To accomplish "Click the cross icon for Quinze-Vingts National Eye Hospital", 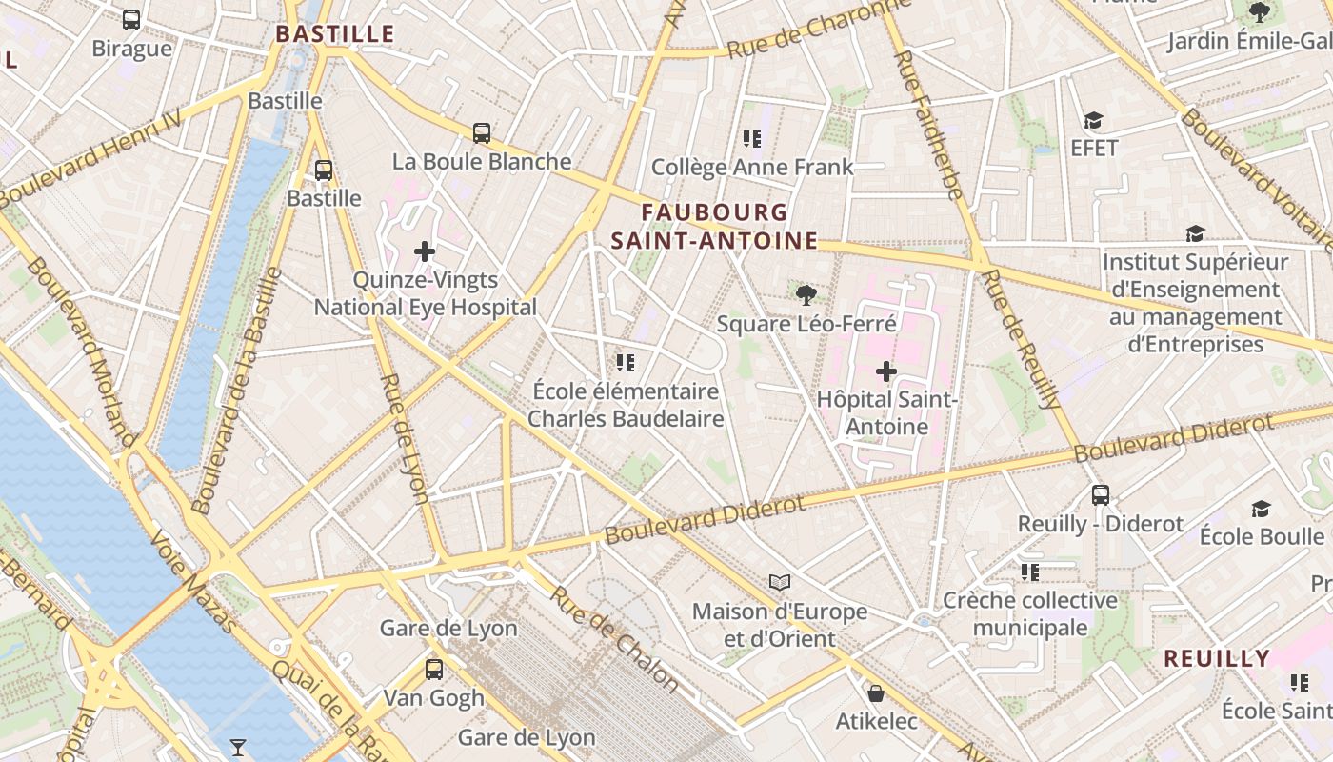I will [x=425, y=251].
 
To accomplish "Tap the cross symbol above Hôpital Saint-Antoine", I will [x=886, y=371].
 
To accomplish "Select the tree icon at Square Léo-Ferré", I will [x=806, y=294].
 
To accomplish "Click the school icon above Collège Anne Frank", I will [x=752, y=139].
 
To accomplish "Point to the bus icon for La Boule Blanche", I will [x=482, y=133].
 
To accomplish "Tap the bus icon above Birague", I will [x=131, y=19].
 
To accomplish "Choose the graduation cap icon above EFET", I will [x=1093, y=120].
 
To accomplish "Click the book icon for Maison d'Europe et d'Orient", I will [x=780, y=582].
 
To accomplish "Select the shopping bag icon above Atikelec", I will [x=875, y=692].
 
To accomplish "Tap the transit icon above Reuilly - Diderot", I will [x=1101, y=495].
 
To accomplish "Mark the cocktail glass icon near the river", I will [x=238, y=748].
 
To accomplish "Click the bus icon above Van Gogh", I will [x=434, y=669].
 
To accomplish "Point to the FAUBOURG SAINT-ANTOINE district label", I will [x=714, y=227].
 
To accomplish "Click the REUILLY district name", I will [x=1217, y=658].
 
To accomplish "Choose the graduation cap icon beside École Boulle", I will [x=1261, y=510].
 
